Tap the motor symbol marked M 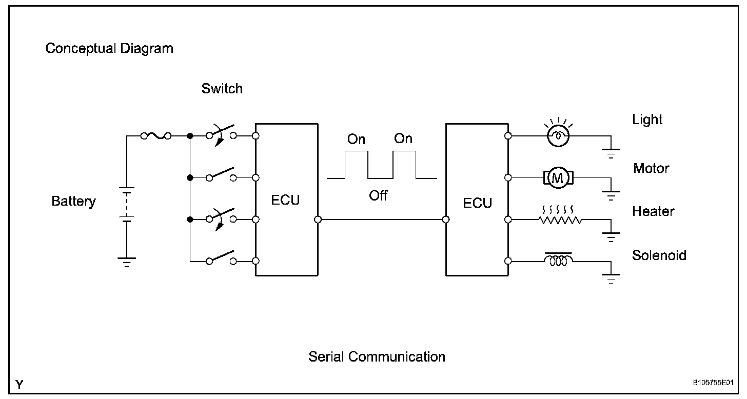[558, 178]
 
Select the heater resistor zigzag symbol [560, 220]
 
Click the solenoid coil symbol [559, 261]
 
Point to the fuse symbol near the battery [155, 136]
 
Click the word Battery [73, 201]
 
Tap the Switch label [222, 89]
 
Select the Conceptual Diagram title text [109, 49]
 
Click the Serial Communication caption [377, 356]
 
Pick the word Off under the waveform [378, 195]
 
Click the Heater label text [653, 211]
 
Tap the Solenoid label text [659, 255]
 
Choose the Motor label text [651, 168]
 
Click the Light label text [647, 119]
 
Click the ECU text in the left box [285, 200]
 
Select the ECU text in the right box [477, 203]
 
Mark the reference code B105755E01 [713, 383]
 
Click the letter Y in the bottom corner [19, 384]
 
